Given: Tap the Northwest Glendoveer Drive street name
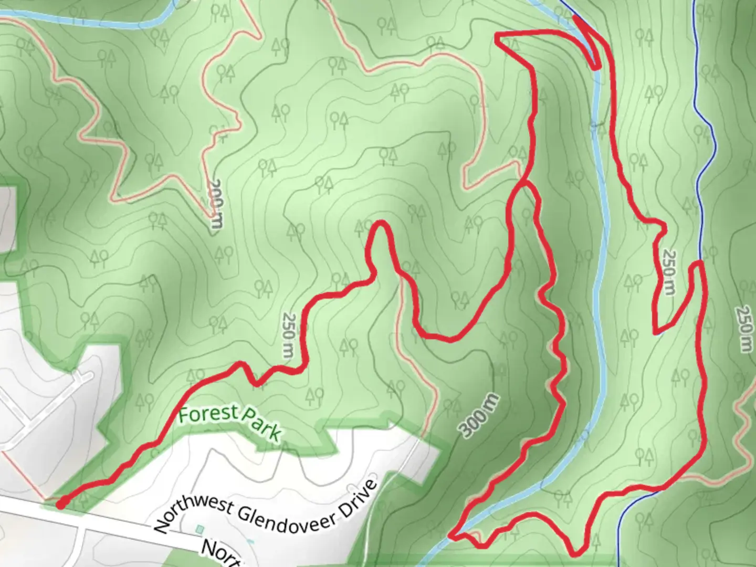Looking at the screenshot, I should [266, 506].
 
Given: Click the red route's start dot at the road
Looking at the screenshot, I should [61, 505].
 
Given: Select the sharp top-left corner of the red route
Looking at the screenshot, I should [498, 36].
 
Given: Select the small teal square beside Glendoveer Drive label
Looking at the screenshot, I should [199, 528].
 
